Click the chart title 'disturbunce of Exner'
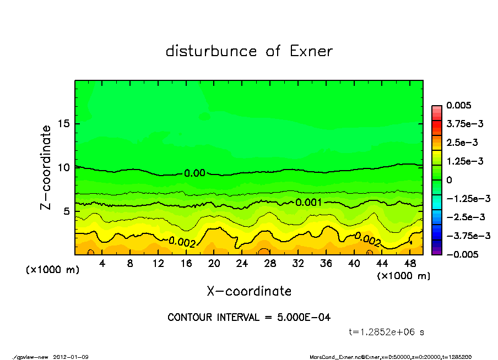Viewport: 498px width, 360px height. (249, 52)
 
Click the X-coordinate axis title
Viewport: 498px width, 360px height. (249, 291)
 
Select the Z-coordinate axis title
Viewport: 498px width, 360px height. (46, 167)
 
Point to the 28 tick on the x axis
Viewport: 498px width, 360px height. (270, 264)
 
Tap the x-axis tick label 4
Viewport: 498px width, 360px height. (102, 264)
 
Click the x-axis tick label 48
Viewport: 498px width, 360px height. (410, 264)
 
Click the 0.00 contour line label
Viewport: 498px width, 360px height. (194, 173)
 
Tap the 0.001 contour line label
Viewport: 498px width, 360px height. (308, 203)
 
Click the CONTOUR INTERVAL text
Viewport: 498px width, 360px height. (249, 318)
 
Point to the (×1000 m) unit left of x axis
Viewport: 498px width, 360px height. (50, 270)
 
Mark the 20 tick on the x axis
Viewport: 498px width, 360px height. (214, 264)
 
